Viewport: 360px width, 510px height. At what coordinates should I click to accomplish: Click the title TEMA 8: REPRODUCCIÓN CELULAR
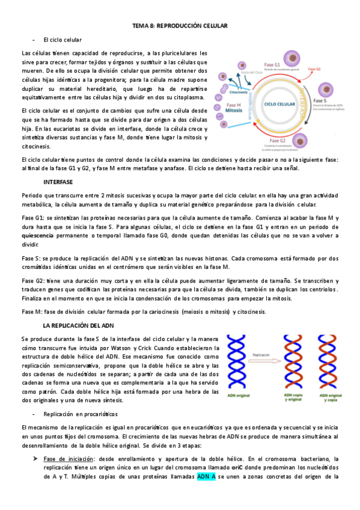point(180,26)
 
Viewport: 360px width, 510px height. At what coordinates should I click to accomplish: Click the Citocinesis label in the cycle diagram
point(239,92)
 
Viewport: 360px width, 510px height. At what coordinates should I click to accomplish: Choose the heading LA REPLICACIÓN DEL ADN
point(78,325)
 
